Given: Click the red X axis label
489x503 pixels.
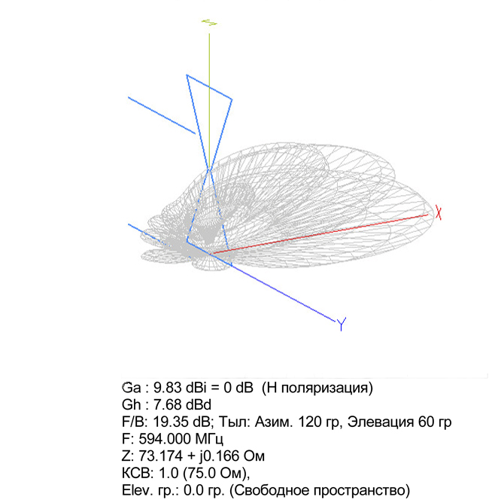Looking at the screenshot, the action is [x=438, y=213].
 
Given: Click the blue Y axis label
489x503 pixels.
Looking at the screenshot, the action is [x=342, y=324].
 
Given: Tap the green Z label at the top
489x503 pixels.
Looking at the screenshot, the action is [x=210, y=23].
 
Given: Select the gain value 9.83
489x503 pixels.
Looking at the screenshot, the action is [x=168, y=388].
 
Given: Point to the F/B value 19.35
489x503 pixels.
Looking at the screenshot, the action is [x=169, y=422].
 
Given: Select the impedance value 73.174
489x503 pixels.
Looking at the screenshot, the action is [x=161, y=456].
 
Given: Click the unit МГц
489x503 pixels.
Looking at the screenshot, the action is [x=209, y=439].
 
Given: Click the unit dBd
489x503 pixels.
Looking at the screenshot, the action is [x=199, y=405].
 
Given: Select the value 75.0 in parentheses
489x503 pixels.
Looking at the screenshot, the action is [x=206, y=473].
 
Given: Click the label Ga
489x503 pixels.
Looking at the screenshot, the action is [x=132, y=388].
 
